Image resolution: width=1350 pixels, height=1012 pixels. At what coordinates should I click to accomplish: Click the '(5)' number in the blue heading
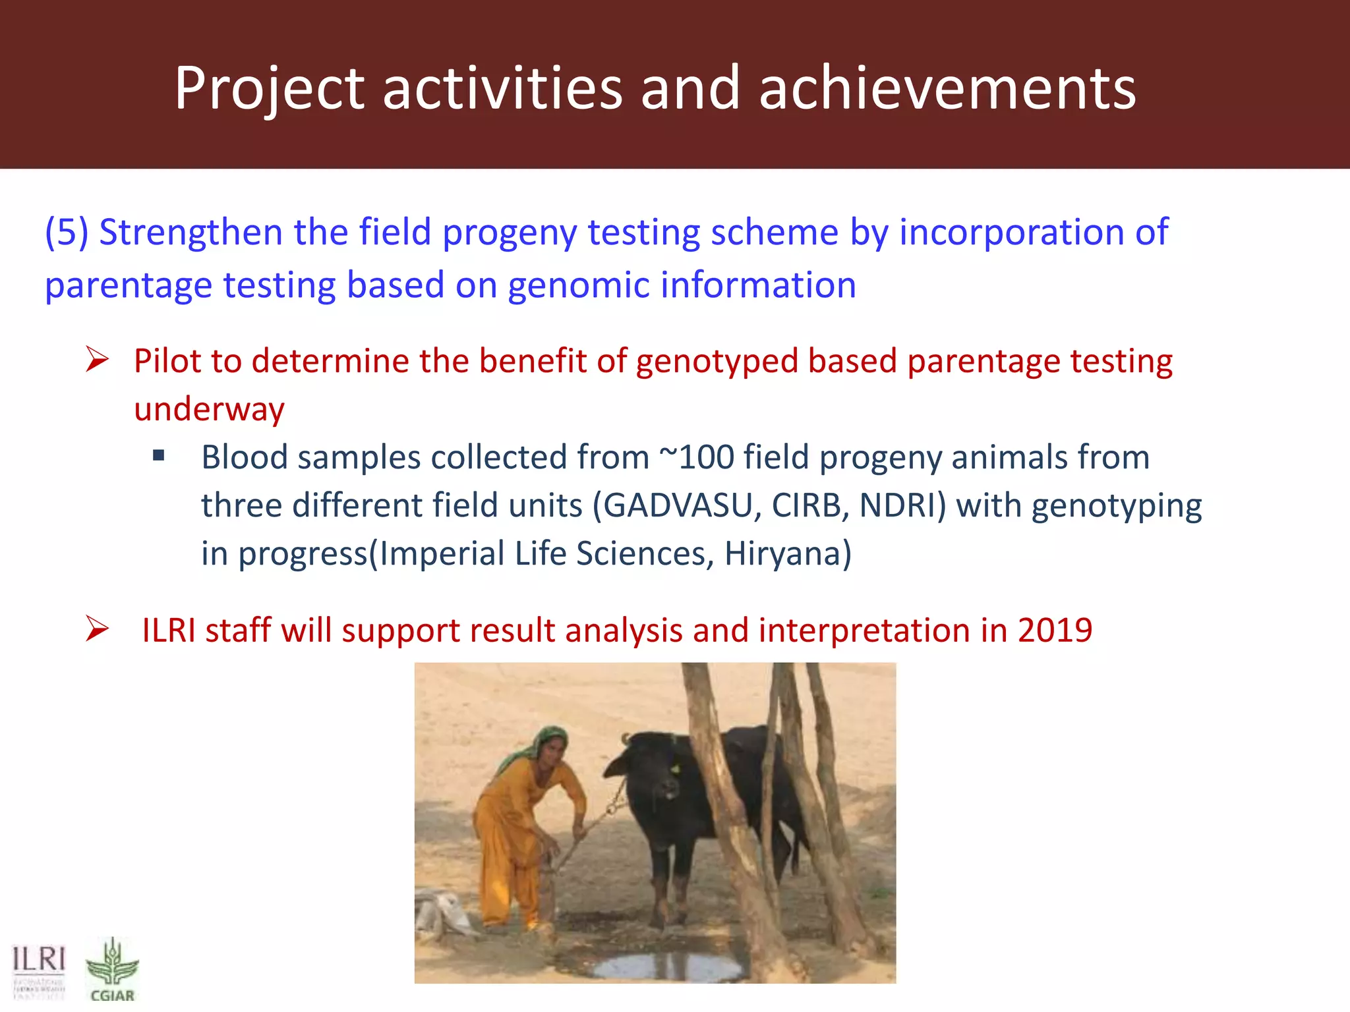(66, 233)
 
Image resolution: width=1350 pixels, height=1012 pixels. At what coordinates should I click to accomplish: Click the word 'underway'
(209, 410)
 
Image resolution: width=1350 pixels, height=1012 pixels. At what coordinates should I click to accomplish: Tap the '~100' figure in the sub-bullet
(697, 457)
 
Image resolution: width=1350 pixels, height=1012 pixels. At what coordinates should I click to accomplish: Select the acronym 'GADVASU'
(678, 506)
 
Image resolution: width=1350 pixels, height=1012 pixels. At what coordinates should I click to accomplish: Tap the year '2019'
(1055, 631)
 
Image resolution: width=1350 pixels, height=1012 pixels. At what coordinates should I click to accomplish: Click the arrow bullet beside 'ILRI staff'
(97, 629)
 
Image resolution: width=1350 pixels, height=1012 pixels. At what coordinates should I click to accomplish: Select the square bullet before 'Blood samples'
(158, 455)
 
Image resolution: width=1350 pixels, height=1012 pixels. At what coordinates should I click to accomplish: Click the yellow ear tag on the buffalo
(675, 768)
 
